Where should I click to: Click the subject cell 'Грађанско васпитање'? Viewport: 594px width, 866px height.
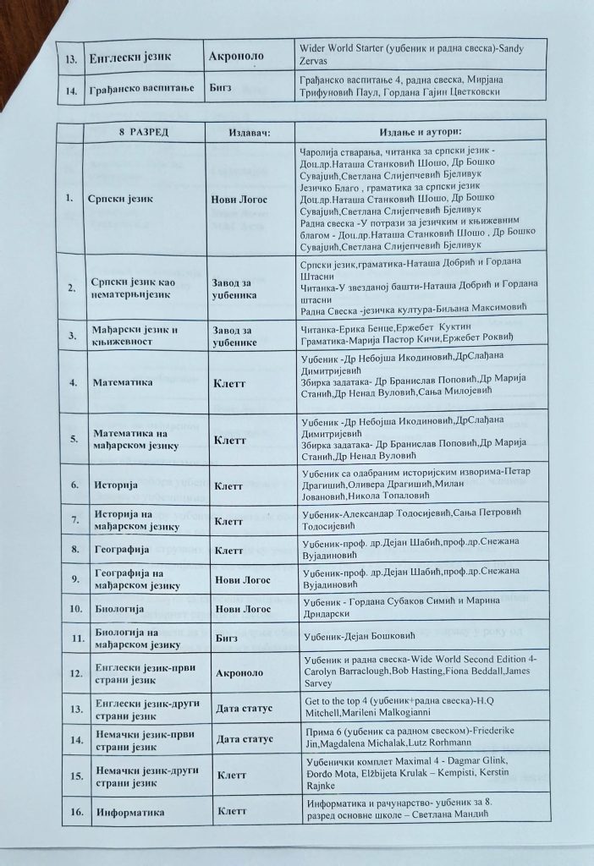coord(141,88)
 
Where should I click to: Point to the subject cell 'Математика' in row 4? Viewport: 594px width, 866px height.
coord(123,382)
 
